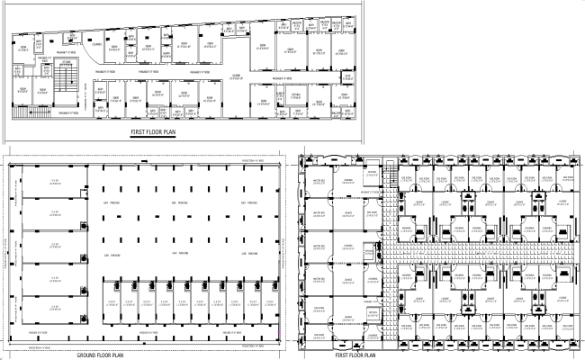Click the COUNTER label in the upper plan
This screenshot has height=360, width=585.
point(94,43)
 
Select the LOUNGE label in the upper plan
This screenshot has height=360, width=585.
point(235,76)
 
